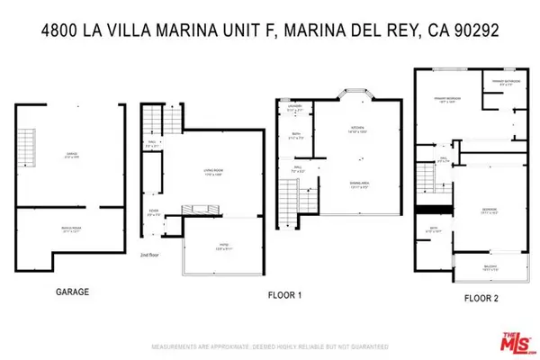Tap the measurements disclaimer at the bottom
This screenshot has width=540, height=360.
[x=270, y=346]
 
